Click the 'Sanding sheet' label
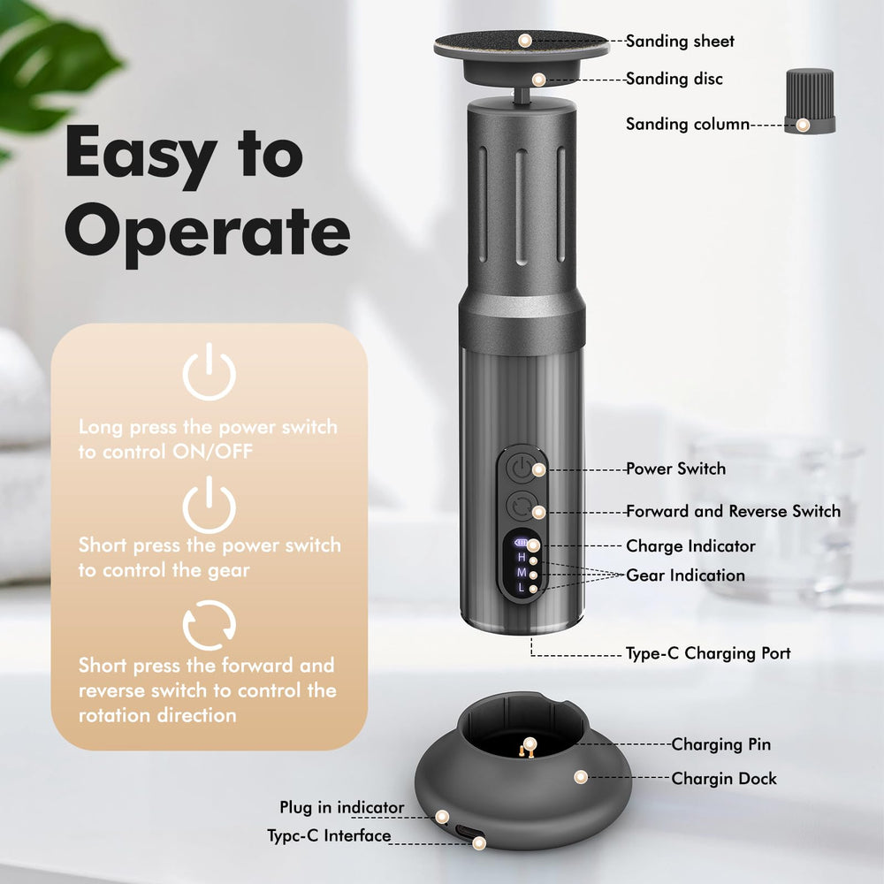[x=680, y=42]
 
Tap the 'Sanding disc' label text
[x=674, y=79]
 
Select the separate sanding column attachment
[x=810, y=101]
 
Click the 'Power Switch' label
[x=676, y=469]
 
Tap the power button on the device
[x=522, y=469]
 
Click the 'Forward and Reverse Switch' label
[x=734, y=511]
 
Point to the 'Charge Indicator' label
[x=690, y=545]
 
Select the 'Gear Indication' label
[x=686, y=575]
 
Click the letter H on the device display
[x=522, y=558]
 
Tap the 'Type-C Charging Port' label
[x=708, y=653]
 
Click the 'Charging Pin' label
[x=721, y=744]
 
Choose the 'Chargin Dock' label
[x=724, y=779]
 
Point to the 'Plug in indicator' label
[x=341, y=807]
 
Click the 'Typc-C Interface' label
[x=329, y=835]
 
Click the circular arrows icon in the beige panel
[x=210, y=625]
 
